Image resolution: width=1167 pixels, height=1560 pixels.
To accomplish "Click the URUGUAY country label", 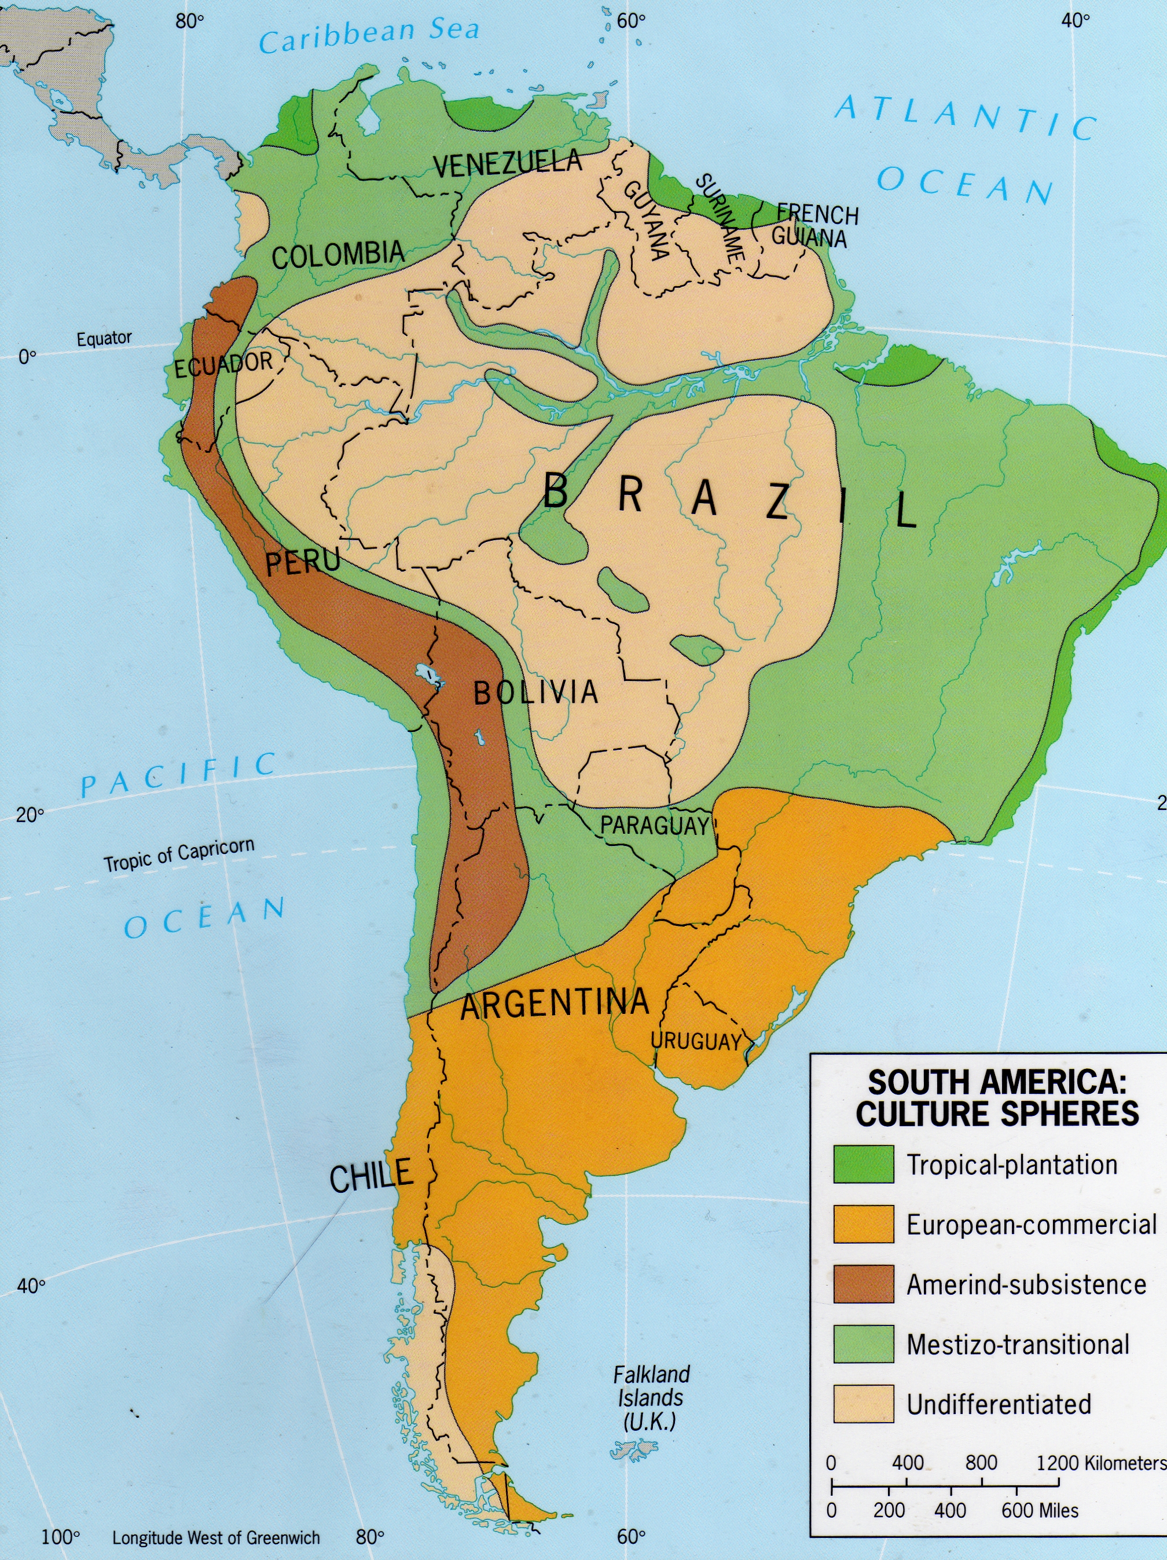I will (695, 1041).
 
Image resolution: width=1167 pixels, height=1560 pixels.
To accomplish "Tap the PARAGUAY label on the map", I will (654, 825).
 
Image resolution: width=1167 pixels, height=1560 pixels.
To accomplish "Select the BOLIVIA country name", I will (535, 693).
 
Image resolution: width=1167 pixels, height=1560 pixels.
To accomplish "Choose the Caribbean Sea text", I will (369, 35).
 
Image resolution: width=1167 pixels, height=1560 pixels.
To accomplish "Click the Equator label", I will (104, 339).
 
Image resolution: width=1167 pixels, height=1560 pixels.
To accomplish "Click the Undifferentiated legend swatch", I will (863, 1404).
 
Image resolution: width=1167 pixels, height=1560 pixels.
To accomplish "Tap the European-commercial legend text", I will (1031, 1224).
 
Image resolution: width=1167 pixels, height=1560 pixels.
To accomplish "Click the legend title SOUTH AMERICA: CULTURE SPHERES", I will (996, 1097).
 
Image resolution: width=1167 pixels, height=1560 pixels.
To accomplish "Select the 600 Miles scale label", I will (1040, 1511).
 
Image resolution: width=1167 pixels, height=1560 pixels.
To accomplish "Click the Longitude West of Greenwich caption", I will (216, 1538).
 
